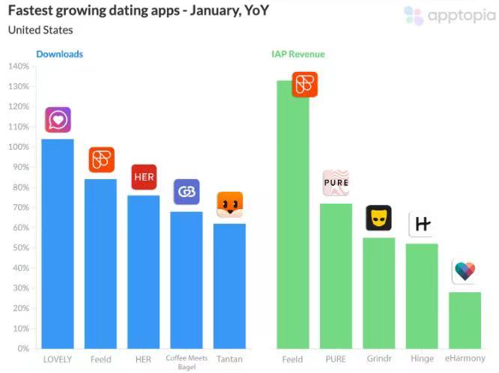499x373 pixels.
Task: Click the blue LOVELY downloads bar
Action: pyautogui.click(x=58, y=243)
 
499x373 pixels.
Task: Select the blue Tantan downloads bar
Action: pyautogui.click(x=229, y=285)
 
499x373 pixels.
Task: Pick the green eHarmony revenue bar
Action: pyautogui.click(x=465, y=320)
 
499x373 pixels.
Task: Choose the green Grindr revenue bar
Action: pyautogui.click(x=378, y=293)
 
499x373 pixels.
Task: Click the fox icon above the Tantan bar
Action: pyautogui.click(x=229, y=204)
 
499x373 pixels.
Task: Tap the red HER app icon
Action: pyautogui.click(x=144, y=177)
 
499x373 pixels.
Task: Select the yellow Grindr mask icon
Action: pyautogui.click(x=378, y=218)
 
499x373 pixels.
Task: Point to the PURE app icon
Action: pyautogui.click(x=336, y=183)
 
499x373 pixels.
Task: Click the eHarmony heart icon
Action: pyautogui.click(x=465, y=271)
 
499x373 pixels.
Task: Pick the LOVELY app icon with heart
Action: pyautogui.click(x=58, y=120)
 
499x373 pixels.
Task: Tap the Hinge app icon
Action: pyautogui.click(x=422, y=225)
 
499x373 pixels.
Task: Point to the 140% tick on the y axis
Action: pyautogui.click(x=19, y=67)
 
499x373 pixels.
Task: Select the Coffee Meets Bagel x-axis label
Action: pyautogui.click(x=186, y=363)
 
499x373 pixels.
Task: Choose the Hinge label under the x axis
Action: pyautogui.click(x=422, y=360)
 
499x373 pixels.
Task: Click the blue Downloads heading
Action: pyautogui.click(x=59, y=54)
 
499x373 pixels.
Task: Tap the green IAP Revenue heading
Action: pyautogui.click(x=298, y=54)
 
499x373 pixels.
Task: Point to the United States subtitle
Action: pyautogui.click(x=40, y=30)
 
